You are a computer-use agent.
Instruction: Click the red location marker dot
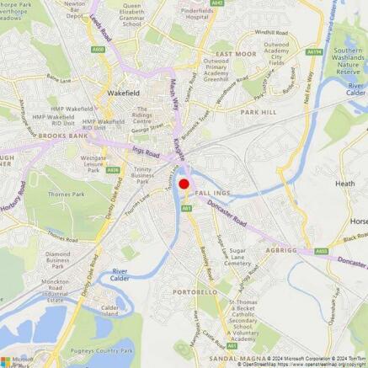[184, 184]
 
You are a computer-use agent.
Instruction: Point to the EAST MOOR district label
[236, 53]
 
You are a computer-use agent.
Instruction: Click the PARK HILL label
[258, 111]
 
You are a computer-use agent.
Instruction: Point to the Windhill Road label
[271, 32]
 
